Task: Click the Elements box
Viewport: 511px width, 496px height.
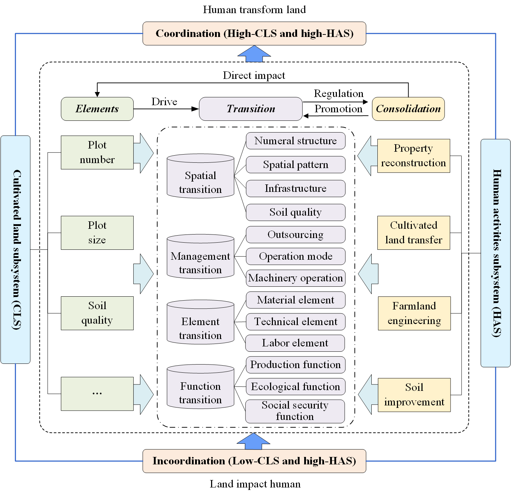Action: tap(97, 109)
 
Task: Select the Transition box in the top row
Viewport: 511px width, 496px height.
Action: tap(251, 109)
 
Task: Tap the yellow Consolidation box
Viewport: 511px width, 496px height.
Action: tap(408, 109)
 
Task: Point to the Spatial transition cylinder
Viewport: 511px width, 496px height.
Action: tap(200, 176)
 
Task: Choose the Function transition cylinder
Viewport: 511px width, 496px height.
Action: tap(200, 387)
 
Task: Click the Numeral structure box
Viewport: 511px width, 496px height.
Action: tap(295, 141)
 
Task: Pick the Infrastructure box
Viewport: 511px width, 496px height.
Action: tap(295, 188)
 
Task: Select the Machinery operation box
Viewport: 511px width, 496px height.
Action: tap(295, 278)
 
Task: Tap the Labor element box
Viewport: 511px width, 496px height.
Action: tap(295, 343)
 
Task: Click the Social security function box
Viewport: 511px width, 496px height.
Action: tap(295, 411)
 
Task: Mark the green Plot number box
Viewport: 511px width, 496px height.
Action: tap(97, 152)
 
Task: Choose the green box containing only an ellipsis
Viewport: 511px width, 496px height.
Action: tap(97, 394)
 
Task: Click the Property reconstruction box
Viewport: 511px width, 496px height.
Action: tap(413, 156)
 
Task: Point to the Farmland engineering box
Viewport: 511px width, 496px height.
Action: tap(414, 313)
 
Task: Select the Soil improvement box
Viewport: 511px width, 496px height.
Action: tap(414, 395)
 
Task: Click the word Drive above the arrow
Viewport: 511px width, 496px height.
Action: tap(164, 102)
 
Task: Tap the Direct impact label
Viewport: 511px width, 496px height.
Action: tap(254, 75)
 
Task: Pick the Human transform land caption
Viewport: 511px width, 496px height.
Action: tap(254, 10)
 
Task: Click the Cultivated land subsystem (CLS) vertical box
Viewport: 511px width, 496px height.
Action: tap(15, 249)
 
